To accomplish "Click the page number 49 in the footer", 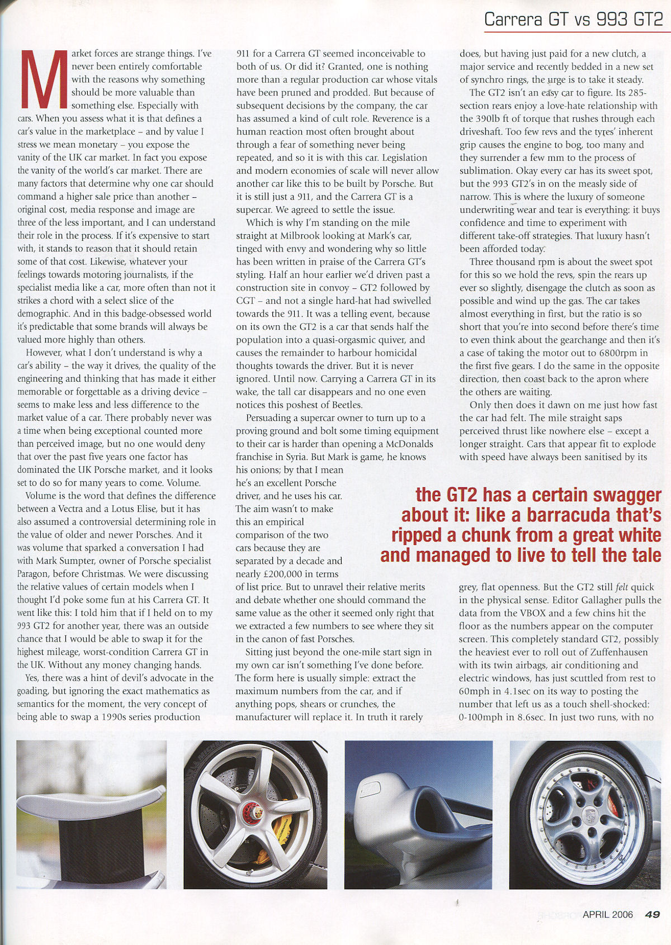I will (652, 914).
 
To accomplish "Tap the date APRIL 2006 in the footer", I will (607, 914).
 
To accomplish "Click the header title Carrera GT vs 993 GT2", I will (573, 20).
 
